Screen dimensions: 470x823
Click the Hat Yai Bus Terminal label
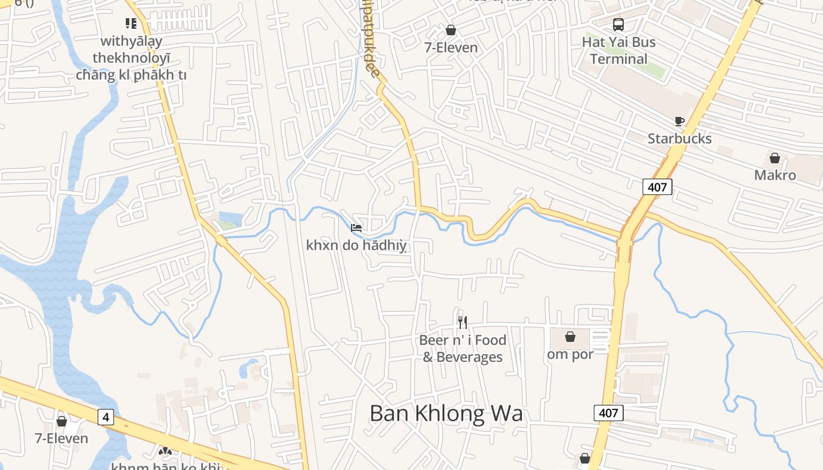pos(618,51)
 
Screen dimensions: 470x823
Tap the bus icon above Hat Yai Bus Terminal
pos(618,25)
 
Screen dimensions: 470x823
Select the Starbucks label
pos(680,139)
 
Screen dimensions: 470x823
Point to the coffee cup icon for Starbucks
pos(680,122)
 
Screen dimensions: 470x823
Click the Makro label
pos(775,175)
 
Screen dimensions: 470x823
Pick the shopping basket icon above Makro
pos(775,158)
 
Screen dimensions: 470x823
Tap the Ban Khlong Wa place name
pos(446,414)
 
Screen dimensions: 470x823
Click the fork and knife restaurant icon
pos(463,322)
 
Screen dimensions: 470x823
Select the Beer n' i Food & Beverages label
pos(463,348)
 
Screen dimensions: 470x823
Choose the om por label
pos(570,354)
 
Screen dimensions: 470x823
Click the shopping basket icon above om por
pos(570,337)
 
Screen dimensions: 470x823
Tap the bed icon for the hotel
pos(356,228)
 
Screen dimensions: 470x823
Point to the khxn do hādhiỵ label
pos(356,245)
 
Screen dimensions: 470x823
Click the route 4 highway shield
pos(105,417)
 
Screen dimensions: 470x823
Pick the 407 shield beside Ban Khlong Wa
pos(608,413)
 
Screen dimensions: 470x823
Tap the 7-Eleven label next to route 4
pos(61,438)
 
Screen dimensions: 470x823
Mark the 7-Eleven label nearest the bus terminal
pos(451,48)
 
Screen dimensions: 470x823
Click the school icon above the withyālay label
pos(131,23)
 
